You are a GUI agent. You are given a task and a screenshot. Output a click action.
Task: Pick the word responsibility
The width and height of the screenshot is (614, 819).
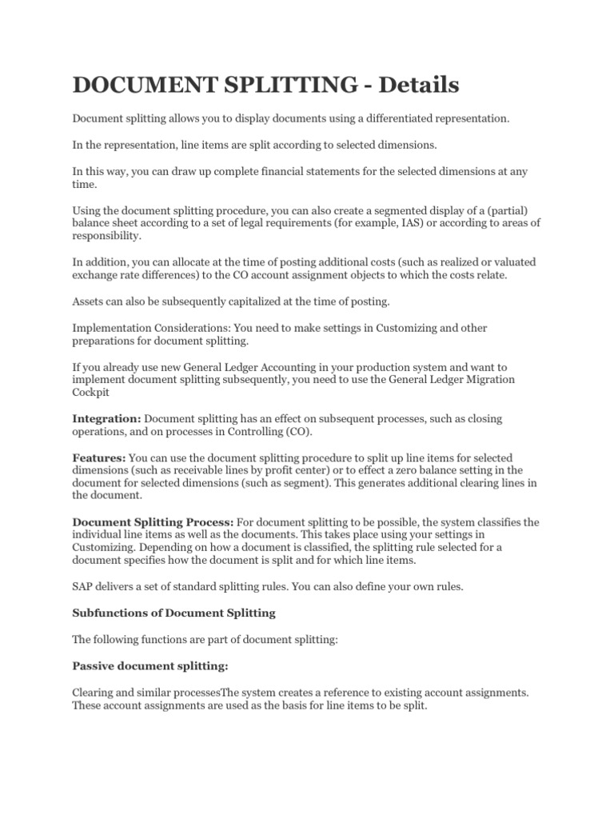coord(106,237)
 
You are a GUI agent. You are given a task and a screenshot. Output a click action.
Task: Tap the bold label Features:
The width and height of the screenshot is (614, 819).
coord(100,457)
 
